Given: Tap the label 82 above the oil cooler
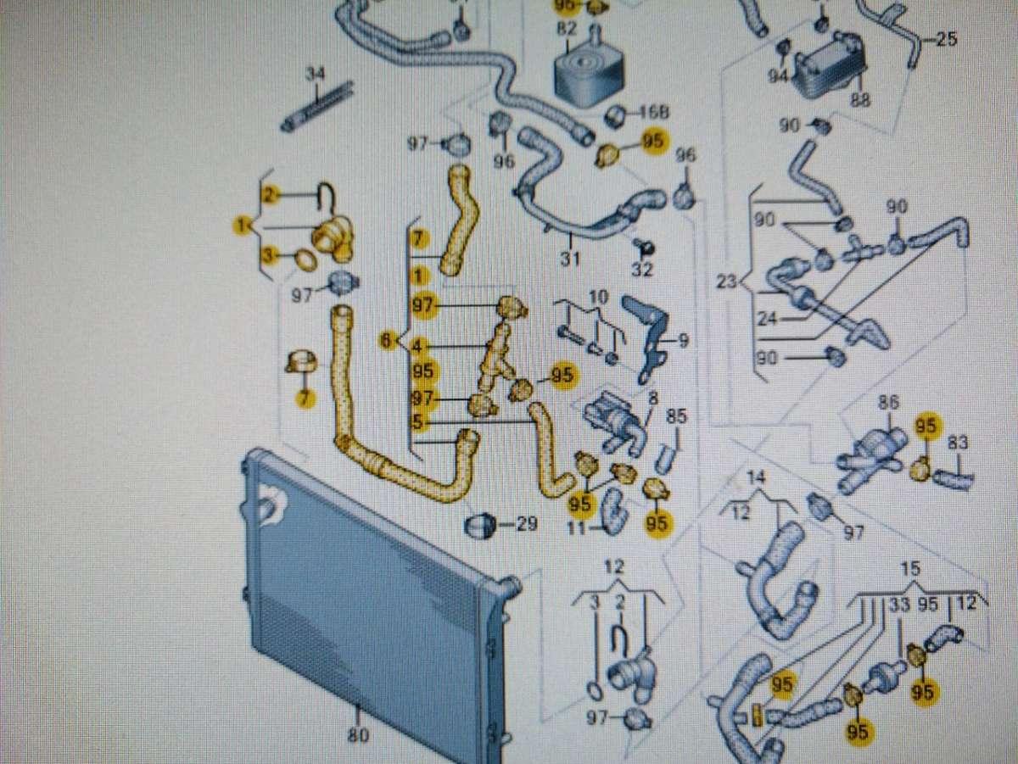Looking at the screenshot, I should click(x=567, y=27).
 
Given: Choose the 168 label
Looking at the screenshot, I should click(x=653, y=112).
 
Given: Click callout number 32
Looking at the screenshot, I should click(x=642, y=270).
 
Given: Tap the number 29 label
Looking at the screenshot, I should click(x=527, y=525).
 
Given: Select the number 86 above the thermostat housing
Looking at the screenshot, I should click(x=888, y=404).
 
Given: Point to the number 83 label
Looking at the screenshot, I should click(x=958, y=442).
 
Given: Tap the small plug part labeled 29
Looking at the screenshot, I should click(x=481, y=525).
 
